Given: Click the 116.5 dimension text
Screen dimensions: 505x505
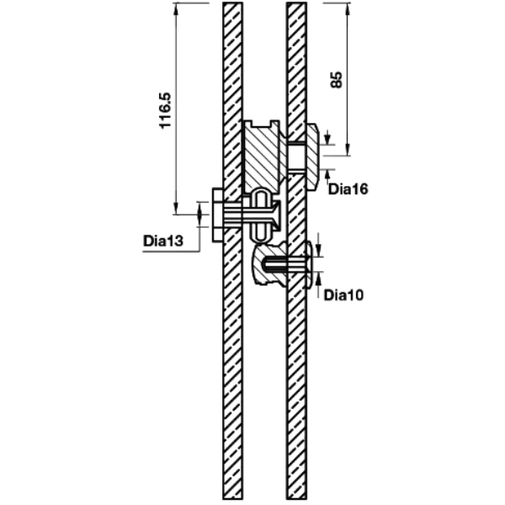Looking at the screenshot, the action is pos(166,110).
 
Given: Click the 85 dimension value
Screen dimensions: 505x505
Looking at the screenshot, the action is pos(337,80).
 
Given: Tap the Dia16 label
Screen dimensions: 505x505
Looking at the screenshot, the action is pos(348,189).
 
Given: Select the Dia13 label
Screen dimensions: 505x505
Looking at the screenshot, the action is pos(163,241).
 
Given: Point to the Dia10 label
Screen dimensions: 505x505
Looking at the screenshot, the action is pos(343,295).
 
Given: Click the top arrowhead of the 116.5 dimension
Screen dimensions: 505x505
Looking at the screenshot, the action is pos(176,9).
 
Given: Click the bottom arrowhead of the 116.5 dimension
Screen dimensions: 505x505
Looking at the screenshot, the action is pos(176,208).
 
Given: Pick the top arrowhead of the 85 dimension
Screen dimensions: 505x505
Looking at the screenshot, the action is pos(348,9).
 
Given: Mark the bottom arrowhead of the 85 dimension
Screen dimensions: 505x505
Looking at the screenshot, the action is pos(348,149).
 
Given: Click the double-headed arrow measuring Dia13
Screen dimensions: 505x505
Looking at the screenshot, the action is pos(199,214).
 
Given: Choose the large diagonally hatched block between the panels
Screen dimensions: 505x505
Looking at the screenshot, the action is pos(263,157).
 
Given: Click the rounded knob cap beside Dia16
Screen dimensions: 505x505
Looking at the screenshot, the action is pos(313,157).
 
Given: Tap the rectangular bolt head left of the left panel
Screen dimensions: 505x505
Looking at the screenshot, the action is pos(217,215).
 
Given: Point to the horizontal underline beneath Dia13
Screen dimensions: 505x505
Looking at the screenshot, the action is pos(172,251).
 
